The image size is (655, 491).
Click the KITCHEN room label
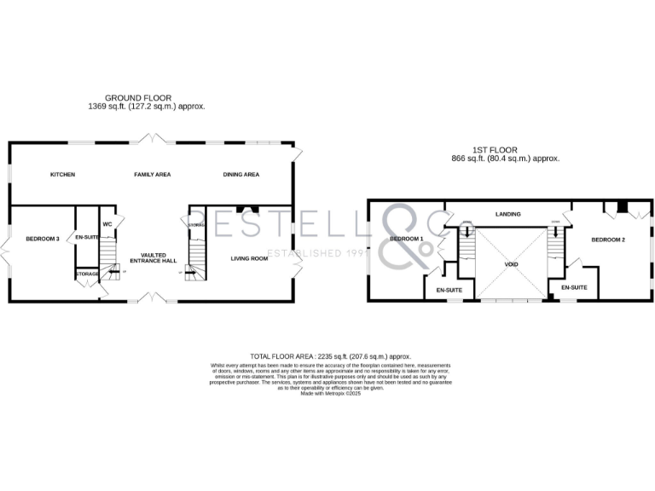(62, 175)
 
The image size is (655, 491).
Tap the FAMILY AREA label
(153, 175)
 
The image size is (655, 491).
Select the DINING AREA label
(241, 175)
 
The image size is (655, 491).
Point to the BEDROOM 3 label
(42, 239)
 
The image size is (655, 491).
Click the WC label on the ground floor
(108, 224)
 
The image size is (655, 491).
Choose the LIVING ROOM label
(250, 257)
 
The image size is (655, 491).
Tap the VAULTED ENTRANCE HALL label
(153, 257)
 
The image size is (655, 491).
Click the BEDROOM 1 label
(407, 240)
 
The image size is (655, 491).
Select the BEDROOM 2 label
(609, 240)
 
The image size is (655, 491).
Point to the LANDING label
(508, 214)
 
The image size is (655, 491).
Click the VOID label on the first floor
(512, 264)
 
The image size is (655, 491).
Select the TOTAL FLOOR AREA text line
(330, 355)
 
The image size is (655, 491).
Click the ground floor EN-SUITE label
(87, 237)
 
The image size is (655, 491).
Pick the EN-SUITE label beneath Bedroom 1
(449, 291)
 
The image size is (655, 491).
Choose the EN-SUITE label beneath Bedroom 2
(574, 288)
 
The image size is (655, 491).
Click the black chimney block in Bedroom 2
(623, 206)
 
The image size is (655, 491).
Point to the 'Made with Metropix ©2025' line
(331, 393)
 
